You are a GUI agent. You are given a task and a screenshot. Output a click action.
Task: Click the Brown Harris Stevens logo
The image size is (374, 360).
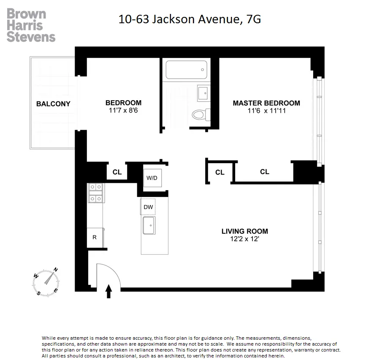click(x=31, y=25)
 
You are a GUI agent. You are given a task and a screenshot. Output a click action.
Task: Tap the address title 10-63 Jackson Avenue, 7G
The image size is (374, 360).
click(x=190, y=19)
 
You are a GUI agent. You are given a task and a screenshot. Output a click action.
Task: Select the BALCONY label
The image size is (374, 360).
click(x=53, y=104)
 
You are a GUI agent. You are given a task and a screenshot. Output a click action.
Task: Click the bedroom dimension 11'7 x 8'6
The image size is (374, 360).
click(x=123, y=111)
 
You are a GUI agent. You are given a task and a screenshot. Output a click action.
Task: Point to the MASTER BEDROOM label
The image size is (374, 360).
click(x=266, y=103)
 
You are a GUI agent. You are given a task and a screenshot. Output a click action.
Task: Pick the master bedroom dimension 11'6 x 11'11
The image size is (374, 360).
click(x=266, y=111)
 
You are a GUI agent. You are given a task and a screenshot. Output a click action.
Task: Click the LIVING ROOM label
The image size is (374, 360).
click(x=245, y=231)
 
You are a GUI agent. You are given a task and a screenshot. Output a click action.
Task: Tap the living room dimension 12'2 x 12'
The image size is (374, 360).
click(x=245, y=239)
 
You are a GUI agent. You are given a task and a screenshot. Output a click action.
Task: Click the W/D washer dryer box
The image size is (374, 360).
click(x=152, y=177)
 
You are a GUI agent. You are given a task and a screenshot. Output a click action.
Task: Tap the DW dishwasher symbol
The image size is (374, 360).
click(x=148, y=207)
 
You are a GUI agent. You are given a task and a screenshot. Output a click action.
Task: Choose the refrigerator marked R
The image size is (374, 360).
click(x=95, y=237)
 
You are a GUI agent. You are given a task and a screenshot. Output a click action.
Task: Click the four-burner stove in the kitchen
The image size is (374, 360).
click(x=95, y=192)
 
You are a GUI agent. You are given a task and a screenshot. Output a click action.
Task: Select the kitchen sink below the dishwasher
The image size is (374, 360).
click(x=149, y=226)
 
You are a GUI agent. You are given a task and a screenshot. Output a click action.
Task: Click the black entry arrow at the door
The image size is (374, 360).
click(x=108, y=291)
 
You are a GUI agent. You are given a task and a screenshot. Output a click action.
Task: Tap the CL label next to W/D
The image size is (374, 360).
click(x=117, y=172)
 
